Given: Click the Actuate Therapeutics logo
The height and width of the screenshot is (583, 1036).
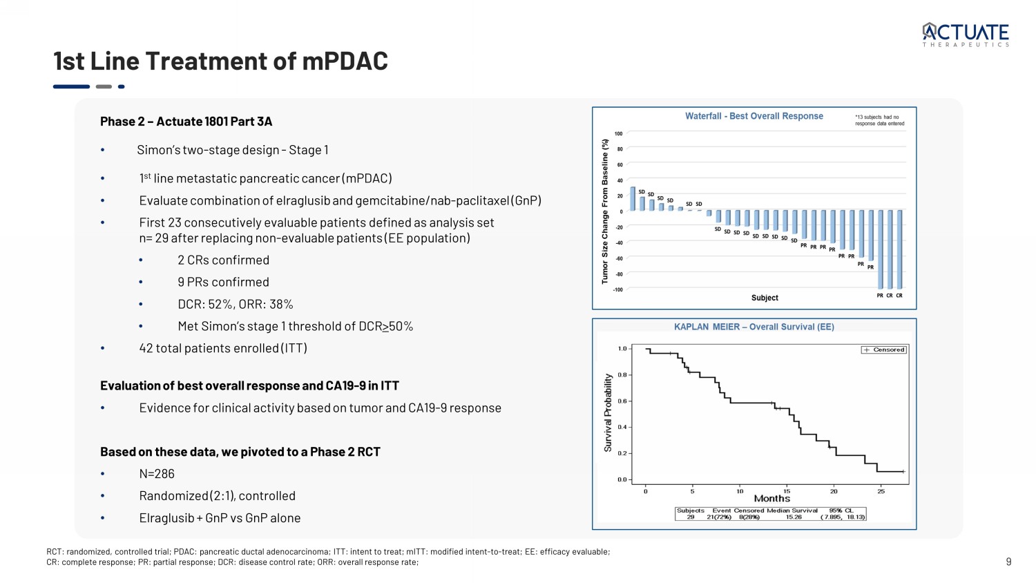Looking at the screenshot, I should (966, 34).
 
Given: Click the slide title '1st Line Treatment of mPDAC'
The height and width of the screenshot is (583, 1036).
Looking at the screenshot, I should (220, 61).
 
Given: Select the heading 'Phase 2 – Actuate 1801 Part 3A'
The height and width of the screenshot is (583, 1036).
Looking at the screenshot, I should (186, 122).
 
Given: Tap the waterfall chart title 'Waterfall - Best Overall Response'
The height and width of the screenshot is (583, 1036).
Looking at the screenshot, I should (754, 116).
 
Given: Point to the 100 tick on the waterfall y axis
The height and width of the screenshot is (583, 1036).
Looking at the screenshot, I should (618, 134).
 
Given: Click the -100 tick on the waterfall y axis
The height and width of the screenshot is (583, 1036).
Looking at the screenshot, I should (617, 290).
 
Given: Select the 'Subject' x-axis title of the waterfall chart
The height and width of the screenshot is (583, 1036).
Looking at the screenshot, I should (765, 298).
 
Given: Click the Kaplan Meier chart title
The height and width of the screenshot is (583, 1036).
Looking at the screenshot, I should (754, 327).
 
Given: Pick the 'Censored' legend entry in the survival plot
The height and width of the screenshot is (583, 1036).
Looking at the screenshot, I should (884, 350).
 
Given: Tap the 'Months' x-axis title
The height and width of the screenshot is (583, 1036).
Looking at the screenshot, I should (771, 499).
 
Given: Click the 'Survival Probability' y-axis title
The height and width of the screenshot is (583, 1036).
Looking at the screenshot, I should (608, 413).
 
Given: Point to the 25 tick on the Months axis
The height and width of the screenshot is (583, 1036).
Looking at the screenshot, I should (881, 492).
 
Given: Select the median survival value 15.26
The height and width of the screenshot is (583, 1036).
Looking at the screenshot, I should (794, 517).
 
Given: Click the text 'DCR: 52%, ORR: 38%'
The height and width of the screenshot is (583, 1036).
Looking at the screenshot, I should (235, 305).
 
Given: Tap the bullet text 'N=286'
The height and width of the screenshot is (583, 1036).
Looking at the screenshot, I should (157, 475).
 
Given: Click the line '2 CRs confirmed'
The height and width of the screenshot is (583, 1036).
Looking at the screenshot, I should (223, 260).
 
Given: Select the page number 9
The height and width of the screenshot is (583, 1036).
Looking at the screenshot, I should (1008, 562).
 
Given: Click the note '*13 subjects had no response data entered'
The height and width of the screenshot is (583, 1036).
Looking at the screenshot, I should (879, 120).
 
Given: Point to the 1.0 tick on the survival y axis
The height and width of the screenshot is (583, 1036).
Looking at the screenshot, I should (622, 349).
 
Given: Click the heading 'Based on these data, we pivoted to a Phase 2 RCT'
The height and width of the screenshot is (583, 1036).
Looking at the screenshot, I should (240, 452).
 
